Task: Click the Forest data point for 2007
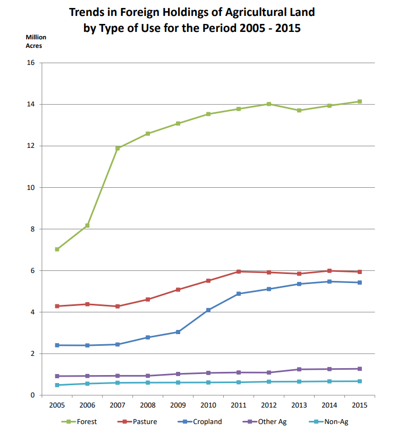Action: coord(117,148)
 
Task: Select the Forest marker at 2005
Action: coord(57,249)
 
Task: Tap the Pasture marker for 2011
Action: coord(239,271)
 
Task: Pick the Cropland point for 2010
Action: coord(208,310)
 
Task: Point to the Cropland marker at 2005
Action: coord(57,345)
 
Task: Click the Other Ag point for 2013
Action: coord(299,369)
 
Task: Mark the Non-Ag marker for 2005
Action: coord(57,385)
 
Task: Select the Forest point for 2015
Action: coord(360,102)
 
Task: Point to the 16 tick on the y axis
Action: coord(30,63)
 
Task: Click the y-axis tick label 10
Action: coord(30,187)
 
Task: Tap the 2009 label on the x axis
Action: coord(178,405)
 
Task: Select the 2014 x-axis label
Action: coord(330,405)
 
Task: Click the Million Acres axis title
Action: coord(36,41)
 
